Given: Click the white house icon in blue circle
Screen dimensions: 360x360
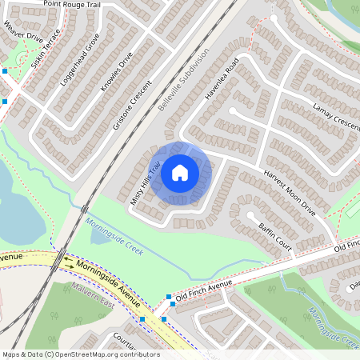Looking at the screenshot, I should pos(180,171).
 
